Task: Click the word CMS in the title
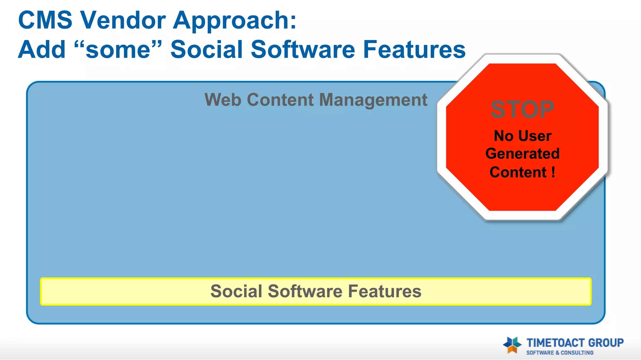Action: [x=45, y=20]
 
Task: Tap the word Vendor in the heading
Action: [x=123, y=20]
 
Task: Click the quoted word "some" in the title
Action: [x=118, y=49]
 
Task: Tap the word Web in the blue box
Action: [x=223, y=100]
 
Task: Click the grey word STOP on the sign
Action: [x=522, y=110]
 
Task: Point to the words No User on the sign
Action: [x=522, y=136]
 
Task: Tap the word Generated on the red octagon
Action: [x=522, y=154]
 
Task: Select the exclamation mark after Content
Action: [x=553, y=172]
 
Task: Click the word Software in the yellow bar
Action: [x=305, y=291]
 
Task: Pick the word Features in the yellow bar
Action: [x=385, y=291]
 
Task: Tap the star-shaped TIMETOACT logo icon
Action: [x=512, y=345]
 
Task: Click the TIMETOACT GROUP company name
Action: [x=575, y=343]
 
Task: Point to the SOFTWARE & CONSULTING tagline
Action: [x=560, y=353]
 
